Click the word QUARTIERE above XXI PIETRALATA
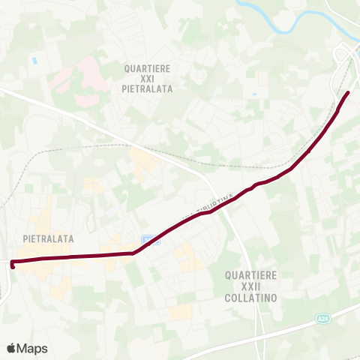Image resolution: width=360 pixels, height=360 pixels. click(150, 67)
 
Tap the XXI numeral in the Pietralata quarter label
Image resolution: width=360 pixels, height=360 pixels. click(150, 78)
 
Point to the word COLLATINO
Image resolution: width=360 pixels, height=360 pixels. click(252, 297)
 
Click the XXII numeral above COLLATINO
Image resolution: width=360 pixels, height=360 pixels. click(252, 286)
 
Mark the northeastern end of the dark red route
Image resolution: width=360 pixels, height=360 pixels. click(348, 93)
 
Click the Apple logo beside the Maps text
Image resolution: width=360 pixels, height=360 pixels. click(12, 348)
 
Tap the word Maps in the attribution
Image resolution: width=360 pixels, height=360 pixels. click(32, 348)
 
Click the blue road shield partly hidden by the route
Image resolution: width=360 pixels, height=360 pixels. click(150, 240)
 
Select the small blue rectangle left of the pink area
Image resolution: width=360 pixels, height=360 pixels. click(34, 58)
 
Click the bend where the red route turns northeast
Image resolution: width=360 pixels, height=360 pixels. click(133, 253)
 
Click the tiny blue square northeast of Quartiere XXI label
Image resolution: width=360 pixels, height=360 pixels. click(256, 94)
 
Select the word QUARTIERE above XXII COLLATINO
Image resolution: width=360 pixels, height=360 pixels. click(252, 276)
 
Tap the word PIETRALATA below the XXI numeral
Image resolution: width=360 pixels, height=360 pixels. click(150, 88)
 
